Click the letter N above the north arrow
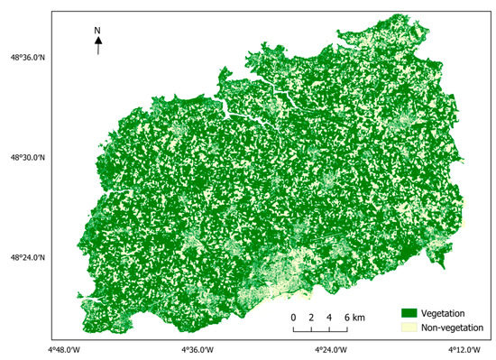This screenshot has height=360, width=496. coord(98,31)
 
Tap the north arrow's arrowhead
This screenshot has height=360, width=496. coord(98,41)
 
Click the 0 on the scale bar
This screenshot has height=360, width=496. coord(293,318)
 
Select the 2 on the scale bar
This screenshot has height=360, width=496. coord(311,318)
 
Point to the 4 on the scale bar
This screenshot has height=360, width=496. coord(329,318)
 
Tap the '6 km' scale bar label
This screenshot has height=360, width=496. coord(354,318)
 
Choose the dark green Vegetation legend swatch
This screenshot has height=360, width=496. coord(411,313)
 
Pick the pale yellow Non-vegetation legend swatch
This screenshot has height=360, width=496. coord(411,328)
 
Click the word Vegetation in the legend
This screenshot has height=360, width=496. coord(449,313)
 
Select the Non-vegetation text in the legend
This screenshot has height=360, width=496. coord(455,328)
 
